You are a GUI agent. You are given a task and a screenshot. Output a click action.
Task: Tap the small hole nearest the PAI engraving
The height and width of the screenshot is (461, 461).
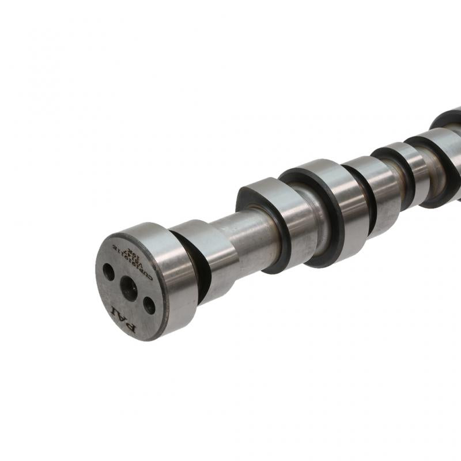(x=149, y=305)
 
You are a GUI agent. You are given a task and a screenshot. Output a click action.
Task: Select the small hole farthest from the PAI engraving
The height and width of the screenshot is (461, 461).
(x=108, y=271)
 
